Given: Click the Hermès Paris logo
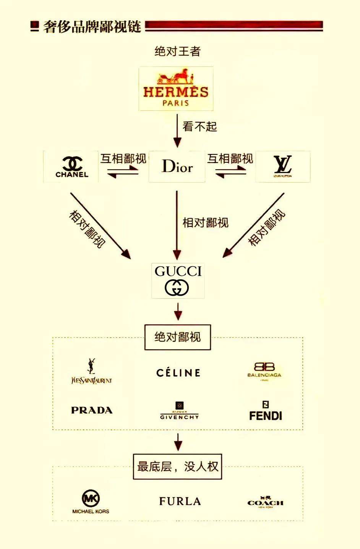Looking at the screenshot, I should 176,89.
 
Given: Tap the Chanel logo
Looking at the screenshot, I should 71,167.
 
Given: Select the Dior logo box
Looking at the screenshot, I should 177,167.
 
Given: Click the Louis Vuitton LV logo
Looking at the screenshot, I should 282,167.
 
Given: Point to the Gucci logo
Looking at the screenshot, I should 178,280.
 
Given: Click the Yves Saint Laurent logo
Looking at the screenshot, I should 92,372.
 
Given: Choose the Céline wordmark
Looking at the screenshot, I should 178,373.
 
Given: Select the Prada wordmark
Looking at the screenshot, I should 92,410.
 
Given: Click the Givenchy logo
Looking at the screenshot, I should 179,411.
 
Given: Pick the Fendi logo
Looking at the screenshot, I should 265,411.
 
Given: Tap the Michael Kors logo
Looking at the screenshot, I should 91,502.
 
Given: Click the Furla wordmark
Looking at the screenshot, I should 180,501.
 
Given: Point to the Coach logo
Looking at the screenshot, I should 265,502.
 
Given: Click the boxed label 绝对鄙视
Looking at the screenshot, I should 178,337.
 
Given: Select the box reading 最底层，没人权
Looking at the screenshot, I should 177,466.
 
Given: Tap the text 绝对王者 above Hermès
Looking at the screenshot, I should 177,51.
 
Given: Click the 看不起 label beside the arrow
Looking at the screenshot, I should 199,126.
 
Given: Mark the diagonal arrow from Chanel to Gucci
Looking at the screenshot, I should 100,225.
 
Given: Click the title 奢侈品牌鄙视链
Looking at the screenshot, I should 92,26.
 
